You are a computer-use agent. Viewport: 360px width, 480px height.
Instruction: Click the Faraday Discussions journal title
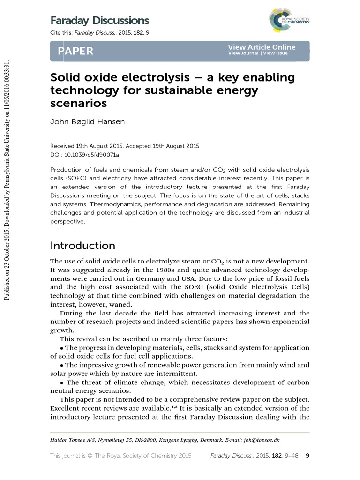pos(99,21)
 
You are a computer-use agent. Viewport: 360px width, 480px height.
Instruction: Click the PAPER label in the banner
pos(75,51)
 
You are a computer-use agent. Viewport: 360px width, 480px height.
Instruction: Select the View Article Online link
pos(262,47)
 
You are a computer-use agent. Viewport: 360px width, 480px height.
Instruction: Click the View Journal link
pos(243,53)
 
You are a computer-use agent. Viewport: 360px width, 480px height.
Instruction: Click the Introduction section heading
pos(82,246)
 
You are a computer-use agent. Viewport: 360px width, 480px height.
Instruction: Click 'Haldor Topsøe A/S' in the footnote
pos(72,440)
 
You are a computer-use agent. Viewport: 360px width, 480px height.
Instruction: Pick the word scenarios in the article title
pos(78,103)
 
